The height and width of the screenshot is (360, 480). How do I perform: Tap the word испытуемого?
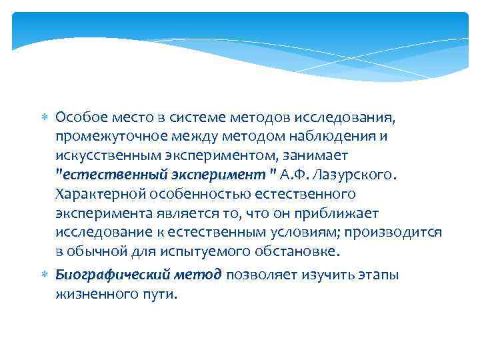click(209, 252)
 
